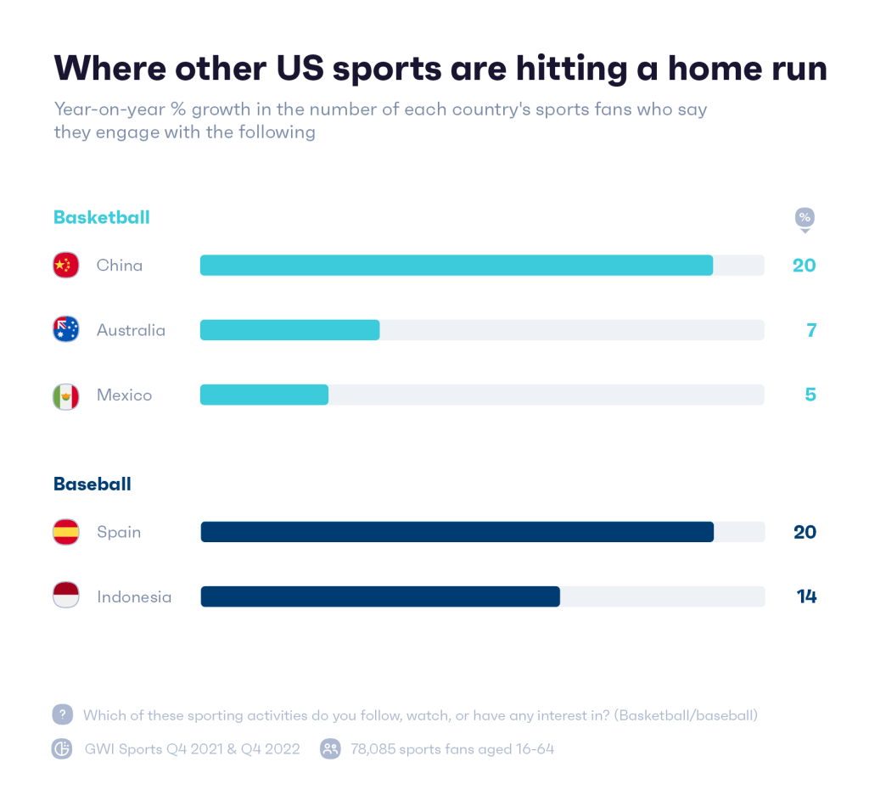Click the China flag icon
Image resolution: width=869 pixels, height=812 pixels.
point(65,266)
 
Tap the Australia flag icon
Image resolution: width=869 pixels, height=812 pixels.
point(65,329)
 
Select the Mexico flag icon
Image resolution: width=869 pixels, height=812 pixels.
point(65,395)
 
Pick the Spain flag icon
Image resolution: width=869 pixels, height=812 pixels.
point(65,532)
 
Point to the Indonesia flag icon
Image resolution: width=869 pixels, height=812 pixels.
point(65,596)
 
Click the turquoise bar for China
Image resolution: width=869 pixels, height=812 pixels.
point(456,266)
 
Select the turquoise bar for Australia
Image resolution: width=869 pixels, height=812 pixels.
point(289,330)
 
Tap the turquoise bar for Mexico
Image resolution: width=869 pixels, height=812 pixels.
point(264,395)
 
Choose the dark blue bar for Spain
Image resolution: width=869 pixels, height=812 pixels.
point(457,532)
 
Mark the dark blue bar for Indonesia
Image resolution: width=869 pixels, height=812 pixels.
point(379,596)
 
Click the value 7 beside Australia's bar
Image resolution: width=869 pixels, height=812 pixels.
point(811,330)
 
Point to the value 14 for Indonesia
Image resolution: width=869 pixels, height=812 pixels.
point(806,596)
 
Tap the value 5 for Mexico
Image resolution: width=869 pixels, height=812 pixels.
point(810,395)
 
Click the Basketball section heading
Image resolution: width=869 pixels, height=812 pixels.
point(101,217)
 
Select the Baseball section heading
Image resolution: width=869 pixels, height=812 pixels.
point(92,484)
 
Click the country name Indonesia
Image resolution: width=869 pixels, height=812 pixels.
point(134,596)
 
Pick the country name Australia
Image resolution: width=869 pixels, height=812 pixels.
point(131,330)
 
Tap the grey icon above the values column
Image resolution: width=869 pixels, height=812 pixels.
point(804,220)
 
